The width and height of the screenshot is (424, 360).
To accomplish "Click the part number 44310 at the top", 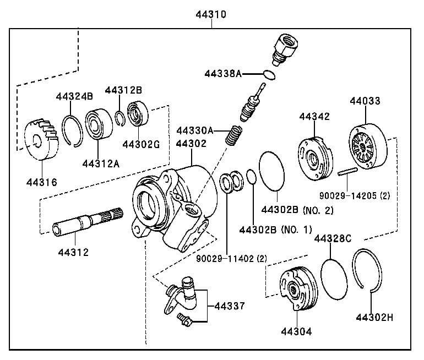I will click(x=211, y=14).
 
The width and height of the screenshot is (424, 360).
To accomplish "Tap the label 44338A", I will click(x=223, y=73).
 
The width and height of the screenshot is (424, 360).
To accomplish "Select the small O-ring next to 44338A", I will click(x=269, y=74).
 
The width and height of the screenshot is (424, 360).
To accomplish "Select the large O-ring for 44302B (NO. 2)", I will click(x=272, y=170).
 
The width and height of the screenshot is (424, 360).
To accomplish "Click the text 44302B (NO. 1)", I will click(x=275, y=229).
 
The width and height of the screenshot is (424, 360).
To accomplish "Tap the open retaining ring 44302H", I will click(x=368, y=269).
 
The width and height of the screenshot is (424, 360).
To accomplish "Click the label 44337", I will click(x=229, y=306).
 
